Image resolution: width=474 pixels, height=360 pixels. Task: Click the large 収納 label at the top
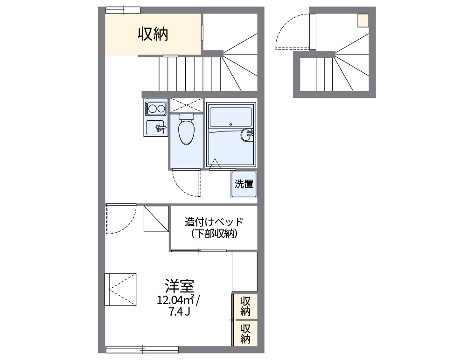153,34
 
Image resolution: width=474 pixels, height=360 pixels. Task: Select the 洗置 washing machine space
244,184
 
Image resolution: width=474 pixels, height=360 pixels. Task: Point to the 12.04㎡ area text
176,300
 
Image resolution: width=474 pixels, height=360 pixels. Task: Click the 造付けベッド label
214,222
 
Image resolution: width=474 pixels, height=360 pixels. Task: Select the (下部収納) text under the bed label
214,234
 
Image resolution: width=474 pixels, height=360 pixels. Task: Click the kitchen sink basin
155,127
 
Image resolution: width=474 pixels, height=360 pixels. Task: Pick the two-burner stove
155,109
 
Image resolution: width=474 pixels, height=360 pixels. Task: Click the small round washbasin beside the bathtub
246,136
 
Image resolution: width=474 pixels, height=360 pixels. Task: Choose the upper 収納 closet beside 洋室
245,305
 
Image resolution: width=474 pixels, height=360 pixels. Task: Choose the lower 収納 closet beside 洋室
245,333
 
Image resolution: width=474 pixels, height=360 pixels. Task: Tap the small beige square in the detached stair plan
363,20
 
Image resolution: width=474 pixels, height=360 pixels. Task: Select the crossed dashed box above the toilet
187,105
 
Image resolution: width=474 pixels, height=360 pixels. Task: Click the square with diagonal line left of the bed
156,219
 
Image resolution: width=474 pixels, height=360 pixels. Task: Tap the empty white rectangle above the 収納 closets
244,271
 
